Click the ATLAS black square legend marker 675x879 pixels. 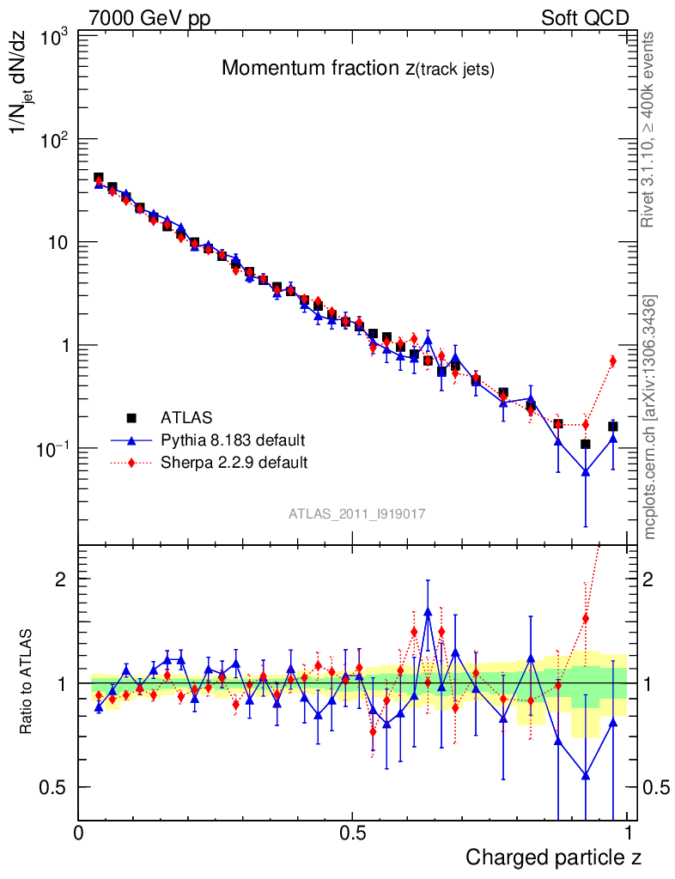click(x=131, y=418)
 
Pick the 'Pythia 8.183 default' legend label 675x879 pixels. click(x=233, y=440)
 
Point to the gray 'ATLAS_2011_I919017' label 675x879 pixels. click(x=357, y=513)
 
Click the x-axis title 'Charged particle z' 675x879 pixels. click(x=553, y=857)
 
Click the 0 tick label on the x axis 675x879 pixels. click(x=79, y=833)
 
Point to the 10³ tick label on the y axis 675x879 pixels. click(x=54, y=37)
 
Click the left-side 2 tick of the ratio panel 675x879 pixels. click(x=61, y=579)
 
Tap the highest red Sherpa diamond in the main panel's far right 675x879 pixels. click(x=612, y=361)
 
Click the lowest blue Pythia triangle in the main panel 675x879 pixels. click(x=586, y=471)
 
